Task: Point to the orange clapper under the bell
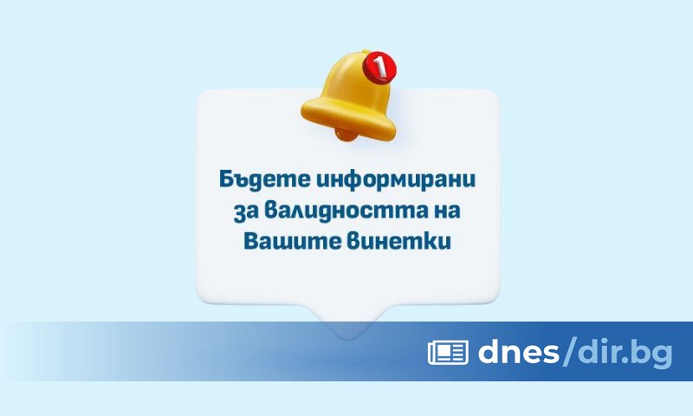tap(345, 134)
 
